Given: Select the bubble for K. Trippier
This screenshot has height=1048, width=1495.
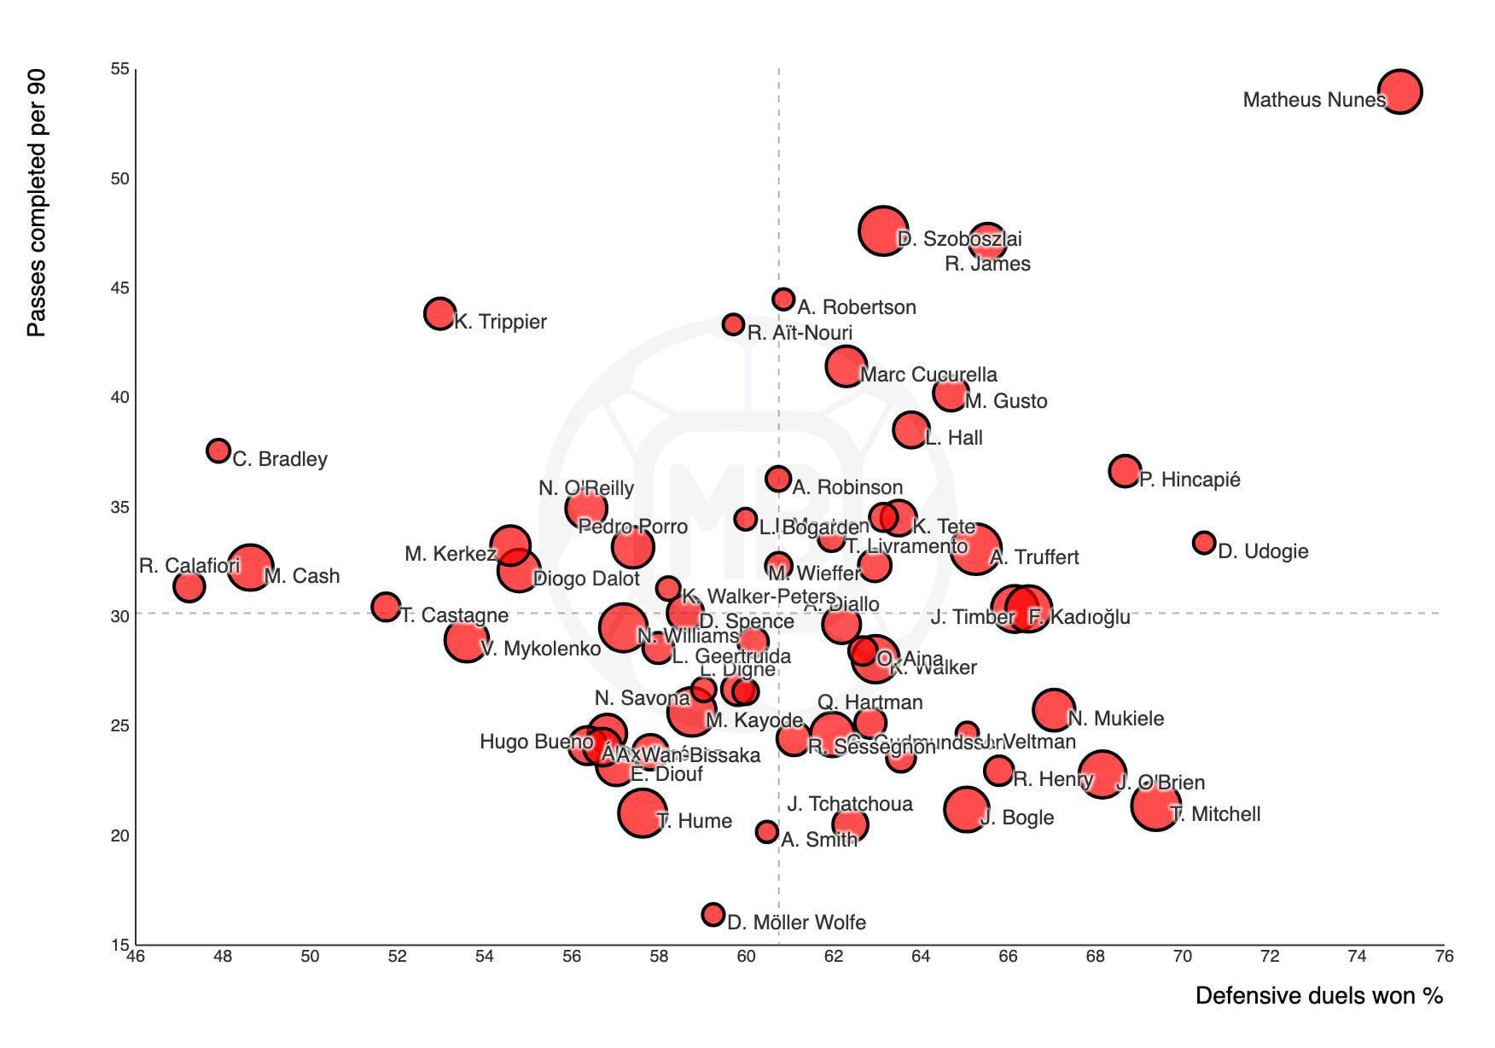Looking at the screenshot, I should point(439,313).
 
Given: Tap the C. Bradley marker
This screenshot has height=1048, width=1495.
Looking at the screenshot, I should point(218,450).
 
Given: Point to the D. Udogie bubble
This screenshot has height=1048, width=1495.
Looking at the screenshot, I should point(1203,542).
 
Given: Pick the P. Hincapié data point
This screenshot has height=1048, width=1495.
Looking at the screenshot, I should point(1125,470).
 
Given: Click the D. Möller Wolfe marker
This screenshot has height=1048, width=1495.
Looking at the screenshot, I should point(713,914).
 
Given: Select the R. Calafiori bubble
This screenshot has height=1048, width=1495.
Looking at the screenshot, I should point(189,586).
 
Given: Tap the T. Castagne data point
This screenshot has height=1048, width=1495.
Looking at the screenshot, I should point(386,607).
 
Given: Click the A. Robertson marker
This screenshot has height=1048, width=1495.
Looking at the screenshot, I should point(782,300).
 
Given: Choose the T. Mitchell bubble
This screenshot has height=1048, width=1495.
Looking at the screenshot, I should point(1155,805).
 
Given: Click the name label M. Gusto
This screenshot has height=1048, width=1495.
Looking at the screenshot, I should point(1005,401).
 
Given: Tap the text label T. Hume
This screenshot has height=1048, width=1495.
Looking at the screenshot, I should point(694,821).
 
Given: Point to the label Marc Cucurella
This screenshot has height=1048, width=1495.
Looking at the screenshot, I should point(928,375).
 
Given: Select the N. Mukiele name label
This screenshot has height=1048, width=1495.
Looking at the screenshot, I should point(1115,719).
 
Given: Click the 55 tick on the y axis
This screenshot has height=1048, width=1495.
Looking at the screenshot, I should point(119,69).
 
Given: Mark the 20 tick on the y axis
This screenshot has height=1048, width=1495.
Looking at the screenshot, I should point(119,835).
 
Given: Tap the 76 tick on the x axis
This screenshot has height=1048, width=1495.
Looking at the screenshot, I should point(1444,957).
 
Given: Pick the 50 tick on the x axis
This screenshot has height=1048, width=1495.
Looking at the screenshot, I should point(310,957).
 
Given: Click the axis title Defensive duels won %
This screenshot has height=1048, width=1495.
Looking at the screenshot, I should point(1318,995).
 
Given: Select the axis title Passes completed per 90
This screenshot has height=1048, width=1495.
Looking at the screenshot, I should point(36,203).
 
